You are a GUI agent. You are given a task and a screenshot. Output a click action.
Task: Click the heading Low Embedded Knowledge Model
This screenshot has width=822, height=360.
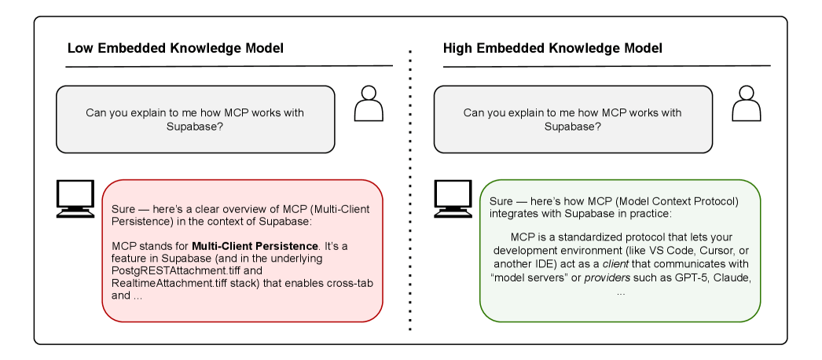click(x=175, y=49)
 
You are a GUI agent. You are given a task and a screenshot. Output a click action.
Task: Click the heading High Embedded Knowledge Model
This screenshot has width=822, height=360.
click(x=552, y=49)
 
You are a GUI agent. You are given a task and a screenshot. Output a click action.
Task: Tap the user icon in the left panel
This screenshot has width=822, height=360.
click(x=369, y=104)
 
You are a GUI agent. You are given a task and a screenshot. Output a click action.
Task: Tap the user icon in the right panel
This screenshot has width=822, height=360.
click(x=746, y=104)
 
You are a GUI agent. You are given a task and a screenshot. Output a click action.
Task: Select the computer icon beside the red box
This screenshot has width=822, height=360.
click(x=75, y=199)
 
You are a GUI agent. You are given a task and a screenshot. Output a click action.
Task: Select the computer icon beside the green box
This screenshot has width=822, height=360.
click(x=453, y=199)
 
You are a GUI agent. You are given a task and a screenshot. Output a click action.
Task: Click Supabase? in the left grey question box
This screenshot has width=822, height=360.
click(x=195, y=126)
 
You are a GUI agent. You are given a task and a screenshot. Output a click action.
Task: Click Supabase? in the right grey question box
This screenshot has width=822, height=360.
click(x=572, y=126)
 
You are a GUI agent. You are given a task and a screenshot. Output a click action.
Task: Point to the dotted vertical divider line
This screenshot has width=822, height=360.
click(x=409, y=189)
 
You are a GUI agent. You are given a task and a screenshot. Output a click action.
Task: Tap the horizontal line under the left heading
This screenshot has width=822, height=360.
click(x=229, y=66)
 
